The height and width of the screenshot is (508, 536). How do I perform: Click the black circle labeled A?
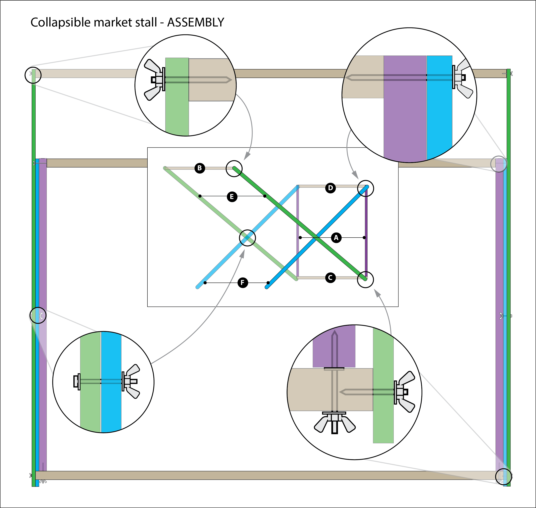pyautogui.click(x=336, y=238)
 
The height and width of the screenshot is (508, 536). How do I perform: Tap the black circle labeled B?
pyautogui.click(x=200, y=168)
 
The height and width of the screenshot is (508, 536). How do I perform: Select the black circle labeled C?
pyautogui.click(x=330, y=278)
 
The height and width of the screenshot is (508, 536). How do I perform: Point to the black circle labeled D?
pyautogui.click(x=330, y=188)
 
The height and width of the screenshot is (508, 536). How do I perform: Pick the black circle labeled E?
pyautogui.click(x=232, y=197)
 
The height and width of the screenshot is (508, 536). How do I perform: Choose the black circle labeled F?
pyautogui.click(x=243, y=283)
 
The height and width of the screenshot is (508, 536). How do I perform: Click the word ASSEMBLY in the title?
pyautogui.click(x=196, y=22)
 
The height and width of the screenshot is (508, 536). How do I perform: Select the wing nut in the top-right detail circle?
pyautogui.click(x=462, y=78)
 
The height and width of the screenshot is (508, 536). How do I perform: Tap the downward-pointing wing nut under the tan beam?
pyautogui.click(x=335, y=424)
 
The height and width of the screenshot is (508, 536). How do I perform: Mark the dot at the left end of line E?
pyautogui.click(x=200, y=196)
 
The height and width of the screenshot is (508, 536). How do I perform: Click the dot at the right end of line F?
pyautogui.click(x=268, y=283)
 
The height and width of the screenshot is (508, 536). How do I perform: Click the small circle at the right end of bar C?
pyautogui.click(x=365, y=279)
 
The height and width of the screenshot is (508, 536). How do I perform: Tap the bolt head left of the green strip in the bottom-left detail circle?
pyautogui.click(x=76, y=381)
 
